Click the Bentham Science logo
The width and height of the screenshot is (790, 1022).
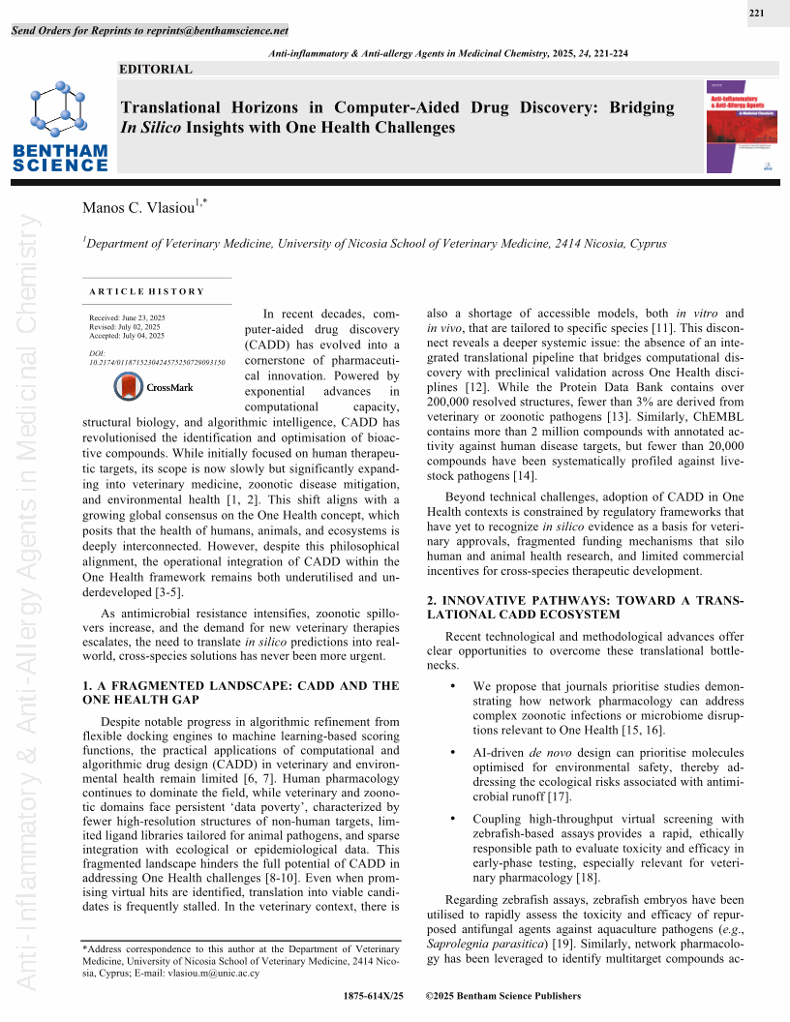pos(60,127)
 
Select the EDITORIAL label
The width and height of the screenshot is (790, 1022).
pos(155,69)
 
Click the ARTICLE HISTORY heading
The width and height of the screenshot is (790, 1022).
pos(147,291)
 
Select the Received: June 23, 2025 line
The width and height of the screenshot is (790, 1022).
pos(127,318)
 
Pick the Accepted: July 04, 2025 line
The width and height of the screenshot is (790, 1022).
pos(127,336)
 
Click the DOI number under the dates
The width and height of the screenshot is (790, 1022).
pos(156,362)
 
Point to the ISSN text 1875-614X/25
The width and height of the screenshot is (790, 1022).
pos(373,996)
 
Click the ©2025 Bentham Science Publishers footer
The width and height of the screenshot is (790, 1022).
pos(503,996)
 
